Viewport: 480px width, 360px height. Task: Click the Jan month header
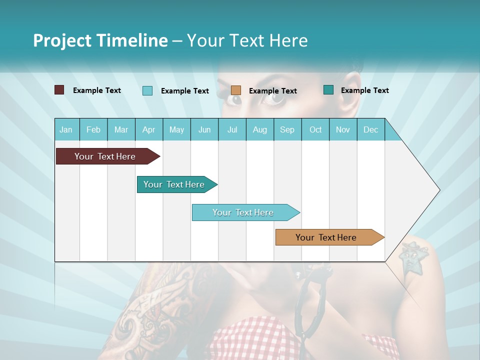(66, 130)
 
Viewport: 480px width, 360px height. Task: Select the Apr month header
(148, 130)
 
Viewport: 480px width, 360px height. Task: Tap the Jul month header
(232, 130)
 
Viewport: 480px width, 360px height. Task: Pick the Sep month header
(287, 130)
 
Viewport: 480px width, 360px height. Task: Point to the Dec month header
(370, 130)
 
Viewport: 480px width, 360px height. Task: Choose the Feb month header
(93, 130)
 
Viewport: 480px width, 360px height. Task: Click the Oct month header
(315, 130)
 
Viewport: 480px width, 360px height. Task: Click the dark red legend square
(59, 90)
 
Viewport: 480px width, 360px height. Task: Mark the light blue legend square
(147, 90)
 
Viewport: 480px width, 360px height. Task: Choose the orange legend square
(236, 90)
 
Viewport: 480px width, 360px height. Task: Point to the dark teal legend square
(328, 90)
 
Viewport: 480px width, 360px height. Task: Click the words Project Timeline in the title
(100, 40)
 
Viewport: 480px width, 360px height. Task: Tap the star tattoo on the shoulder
(412, 258)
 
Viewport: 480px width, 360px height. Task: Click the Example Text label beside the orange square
(272, 91)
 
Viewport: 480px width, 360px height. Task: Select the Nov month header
(343, 130)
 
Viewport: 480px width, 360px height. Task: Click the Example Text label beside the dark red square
(97, 90)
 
